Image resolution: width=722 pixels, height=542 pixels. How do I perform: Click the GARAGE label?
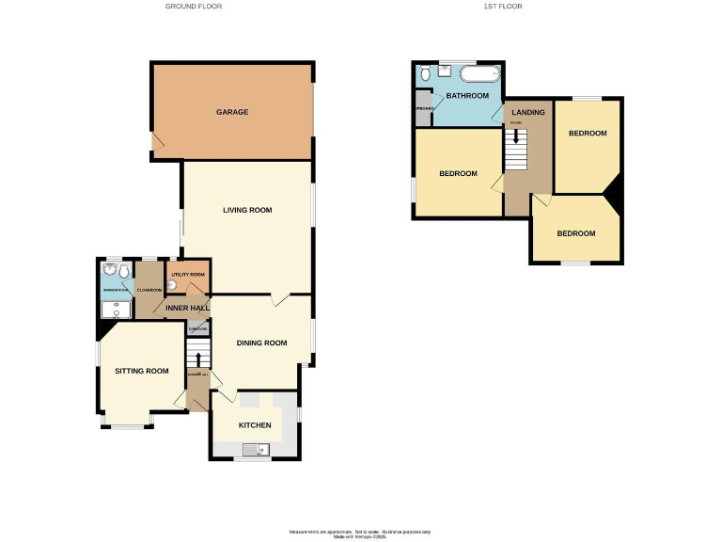click(232, 112)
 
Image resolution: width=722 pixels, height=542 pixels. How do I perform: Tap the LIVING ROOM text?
click(247, 210)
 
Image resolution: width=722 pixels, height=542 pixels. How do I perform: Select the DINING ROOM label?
click(261, 343)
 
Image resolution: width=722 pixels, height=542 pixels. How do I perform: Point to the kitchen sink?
click(252, 450)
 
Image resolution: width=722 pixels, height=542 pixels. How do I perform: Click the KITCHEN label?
click(255, 425)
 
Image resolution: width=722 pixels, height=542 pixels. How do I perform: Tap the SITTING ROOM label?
click(142, 371)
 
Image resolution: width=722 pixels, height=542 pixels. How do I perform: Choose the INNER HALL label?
click(187, 308)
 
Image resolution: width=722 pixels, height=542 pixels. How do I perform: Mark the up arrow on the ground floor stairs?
click(197, 358)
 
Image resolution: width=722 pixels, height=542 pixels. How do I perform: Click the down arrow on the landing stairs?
click(515, 135)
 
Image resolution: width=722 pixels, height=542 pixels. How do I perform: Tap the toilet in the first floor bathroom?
click(427, 72)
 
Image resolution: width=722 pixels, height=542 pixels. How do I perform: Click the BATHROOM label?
click(467, 96)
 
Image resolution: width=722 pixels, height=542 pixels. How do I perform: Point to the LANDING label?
click(527, 113)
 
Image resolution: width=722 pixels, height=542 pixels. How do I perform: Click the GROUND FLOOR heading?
click(194, 7)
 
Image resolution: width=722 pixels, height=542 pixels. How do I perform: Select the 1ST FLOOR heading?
click(502, 7)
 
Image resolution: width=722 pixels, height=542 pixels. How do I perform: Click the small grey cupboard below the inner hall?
click(197, 327)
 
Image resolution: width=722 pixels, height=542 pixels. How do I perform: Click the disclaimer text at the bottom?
click(360, 533)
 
